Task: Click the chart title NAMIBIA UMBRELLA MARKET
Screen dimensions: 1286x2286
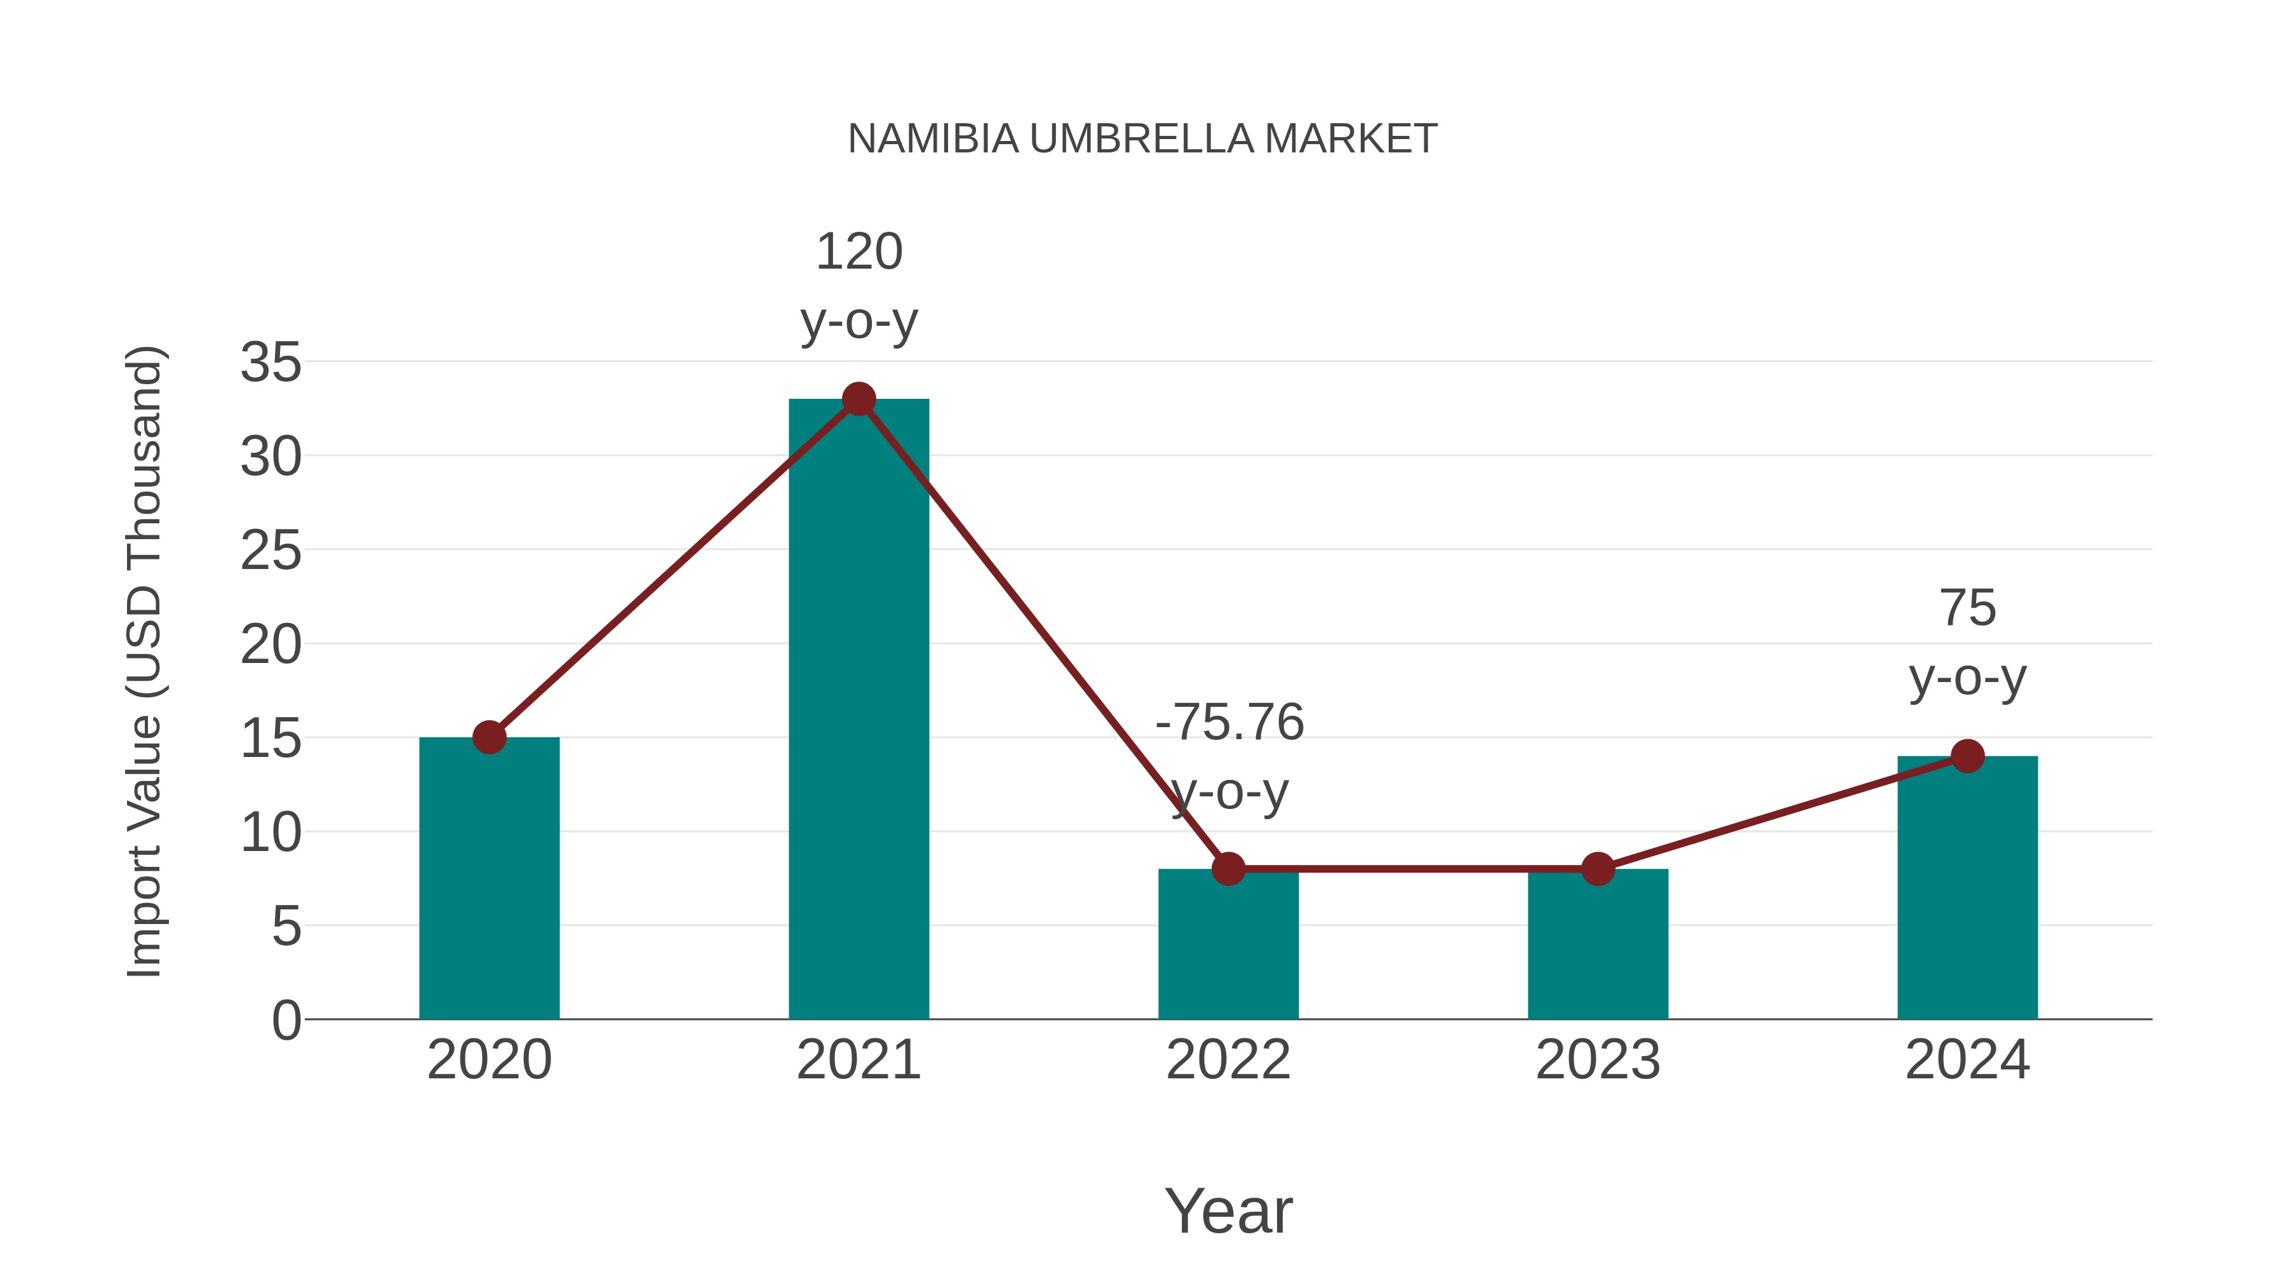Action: point(1142,139)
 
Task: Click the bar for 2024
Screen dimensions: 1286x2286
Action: point(1967,888)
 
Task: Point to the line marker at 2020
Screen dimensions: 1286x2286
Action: point(489,737)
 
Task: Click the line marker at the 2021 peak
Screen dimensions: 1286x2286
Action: point(858,399)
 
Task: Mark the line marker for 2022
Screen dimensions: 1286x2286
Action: point(1228,869)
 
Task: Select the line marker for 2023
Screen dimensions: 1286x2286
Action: point(1598,869)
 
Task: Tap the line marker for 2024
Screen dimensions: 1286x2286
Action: point(1967,756)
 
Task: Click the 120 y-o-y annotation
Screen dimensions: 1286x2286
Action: point(858,286)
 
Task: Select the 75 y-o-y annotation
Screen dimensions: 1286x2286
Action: point(1967,643)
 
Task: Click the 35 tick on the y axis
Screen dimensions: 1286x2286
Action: point(271,363)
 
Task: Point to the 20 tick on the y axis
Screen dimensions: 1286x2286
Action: point(271,645)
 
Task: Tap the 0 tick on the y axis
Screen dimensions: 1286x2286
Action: point(286,1021)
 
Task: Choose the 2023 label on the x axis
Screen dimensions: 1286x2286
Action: point(1598,1060)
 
